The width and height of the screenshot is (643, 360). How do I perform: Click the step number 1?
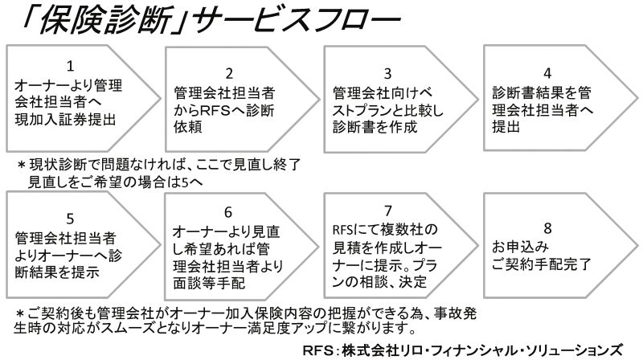coord(70,66)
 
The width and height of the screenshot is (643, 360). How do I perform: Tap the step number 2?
coord(229,73)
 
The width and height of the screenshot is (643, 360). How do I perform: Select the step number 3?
coord(388,73)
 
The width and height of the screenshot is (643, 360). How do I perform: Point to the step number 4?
coord(547,73)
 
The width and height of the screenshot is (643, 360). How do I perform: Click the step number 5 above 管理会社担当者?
coord(70,219)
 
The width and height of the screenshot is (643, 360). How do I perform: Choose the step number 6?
coord(228,212)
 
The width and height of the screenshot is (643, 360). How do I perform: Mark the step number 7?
coord(388,211)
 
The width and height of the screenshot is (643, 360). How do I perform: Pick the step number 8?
coord(547,228)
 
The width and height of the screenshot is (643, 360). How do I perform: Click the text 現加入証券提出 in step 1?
coord(65,119)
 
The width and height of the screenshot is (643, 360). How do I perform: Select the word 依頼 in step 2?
coord(188,127)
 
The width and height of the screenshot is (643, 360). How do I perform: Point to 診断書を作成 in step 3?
coord(375,127)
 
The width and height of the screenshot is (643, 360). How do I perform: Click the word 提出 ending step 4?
coord(506,127)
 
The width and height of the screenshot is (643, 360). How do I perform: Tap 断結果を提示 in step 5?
coord(57,272)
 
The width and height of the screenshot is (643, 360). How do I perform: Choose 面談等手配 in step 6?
coord(209,283)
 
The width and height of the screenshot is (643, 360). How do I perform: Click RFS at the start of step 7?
coord(342,230)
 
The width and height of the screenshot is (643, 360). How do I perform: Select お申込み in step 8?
coord(520,247)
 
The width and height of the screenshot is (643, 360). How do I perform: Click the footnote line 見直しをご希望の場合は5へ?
coord(115,182)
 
